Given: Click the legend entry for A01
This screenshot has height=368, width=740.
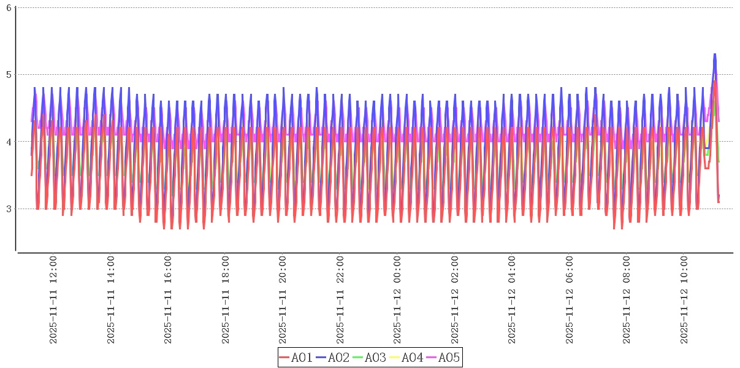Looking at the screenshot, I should (x=296, y=358).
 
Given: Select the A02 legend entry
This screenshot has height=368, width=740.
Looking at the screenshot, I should (x=333, y=358).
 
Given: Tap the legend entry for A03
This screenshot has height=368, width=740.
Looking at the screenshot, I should (x=370, y=358).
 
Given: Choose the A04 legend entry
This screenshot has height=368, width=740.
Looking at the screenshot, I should (x=406, y=358).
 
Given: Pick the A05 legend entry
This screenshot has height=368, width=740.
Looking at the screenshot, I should (x=443, y=358).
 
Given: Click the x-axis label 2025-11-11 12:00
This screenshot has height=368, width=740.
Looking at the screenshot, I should (x=53, y=300).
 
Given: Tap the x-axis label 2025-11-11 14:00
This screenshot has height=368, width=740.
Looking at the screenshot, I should (x=111, y=300).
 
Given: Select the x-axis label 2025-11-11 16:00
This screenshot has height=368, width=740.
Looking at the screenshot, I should (x=168, y=300).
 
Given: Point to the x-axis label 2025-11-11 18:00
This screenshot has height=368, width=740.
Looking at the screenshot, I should (x=226, y=300).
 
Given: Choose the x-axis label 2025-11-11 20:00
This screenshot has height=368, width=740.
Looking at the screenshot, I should (x=283, y=300).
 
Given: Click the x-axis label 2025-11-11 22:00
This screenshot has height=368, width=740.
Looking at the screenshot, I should (x=340, y=300).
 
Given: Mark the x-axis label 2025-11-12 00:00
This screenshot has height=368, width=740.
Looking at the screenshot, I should (x=397, y=300).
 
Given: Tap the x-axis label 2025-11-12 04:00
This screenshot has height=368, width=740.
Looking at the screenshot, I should (x=512, y=300).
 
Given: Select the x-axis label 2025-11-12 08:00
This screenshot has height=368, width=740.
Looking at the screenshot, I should (x=627, y=300).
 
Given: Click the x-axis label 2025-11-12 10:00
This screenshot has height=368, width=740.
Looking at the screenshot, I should (x=684, y=300).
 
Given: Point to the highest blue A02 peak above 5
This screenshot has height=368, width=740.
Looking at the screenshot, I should (x=714, y=55).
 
